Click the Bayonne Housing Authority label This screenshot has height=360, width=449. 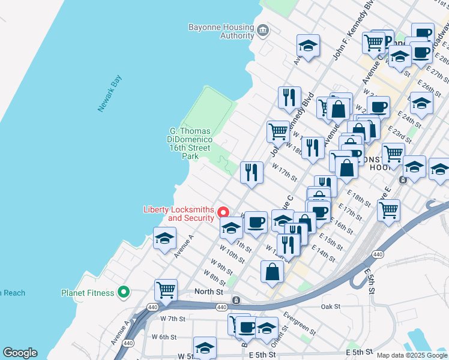221,31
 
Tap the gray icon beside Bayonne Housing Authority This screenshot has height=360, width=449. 262,30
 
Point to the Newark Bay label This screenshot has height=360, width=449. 110,93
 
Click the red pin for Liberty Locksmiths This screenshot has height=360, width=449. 223,212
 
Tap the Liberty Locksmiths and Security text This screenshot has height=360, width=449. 178,214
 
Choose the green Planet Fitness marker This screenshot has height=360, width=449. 124,293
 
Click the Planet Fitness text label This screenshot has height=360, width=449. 88,293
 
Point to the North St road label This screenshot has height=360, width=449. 209,292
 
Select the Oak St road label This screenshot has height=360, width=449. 331,306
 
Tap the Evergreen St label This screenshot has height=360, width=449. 299,323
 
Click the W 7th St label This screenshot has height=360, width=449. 173,319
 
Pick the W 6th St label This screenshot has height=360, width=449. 164,337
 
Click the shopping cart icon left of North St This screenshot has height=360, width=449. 166,290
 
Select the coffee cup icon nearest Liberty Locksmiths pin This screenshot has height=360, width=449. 256,222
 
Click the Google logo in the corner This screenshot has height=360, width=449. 20,353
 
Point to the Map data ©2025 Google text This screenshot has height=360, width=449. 412,355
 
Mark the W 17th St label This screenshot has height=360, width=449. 285,172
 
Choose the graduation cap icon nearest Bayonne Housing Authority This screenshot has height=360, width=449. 308,45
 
